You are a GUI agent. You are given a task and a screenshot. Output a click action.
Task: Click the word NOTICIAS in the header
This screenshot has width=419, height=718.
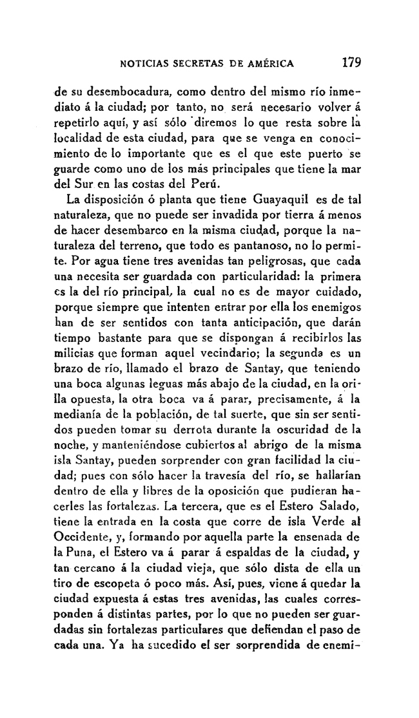tap(141, 64)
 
